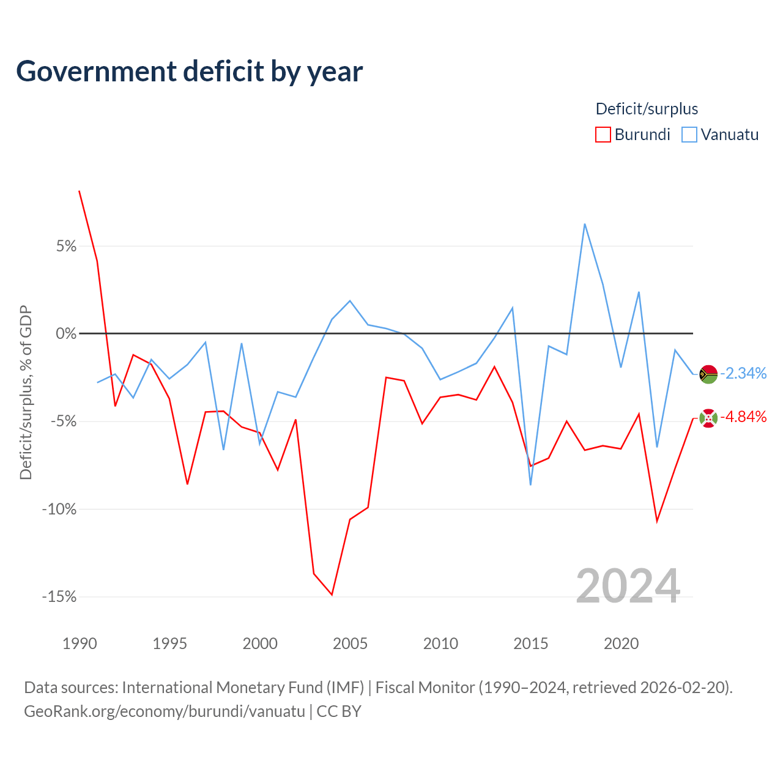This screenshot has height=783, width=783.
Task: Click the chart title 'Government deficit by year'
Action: [x=189, y=72]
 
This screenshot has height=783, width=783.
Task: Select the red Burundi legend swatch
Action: [x=603, y=135]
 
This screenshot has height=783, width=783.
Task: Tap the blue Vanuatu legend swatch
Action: [x=689, y=135]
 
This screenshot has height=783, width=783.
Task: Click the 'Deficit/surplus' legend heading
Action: [x=647, y=109]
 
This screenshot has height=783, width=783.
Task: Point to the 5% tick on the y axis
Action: [x=66, y=246]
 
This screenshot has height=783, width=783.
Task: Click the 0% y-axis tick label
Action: [x=66, y=333]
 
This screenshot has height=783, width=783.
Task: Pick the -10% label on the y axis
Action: [x=59, y=509]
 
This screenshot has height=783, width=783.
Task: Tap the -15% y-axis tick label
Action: [x=59, y=596]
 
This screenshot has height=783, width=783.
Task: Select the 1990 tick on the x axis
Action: [x=80, y=644]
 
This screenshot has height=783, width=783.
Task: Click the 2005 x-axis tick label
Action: [x=350, y=644]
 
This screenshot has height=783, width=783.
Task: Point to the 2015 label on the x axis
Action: [x=531, y=644]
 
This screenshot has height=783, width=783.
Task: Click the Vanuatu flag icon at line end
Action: [x=708, y=374]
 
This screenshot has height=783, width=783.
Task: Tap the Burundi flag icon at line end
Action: [x=708, y=418]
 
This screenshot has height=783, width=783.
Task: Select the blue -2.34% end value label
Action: [x=743, y=373]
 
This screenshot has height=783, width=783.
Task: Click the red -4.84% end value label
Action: [x=743, y=417]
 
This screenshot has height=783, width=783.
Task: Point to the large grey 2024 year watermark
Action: [x=628, y=587]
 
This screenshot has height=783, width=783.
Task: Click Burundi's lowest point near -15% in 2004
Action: [x=332, y=595]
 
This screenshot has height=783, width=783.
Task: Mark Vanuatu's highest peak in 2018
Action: [x=585, y=225]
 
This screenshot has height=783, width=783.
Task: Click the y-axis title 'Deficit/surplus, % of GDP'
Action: [x=26, y=392]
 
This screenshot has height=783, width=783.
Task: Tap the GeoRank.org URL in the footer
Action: [x=165, y=711]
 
